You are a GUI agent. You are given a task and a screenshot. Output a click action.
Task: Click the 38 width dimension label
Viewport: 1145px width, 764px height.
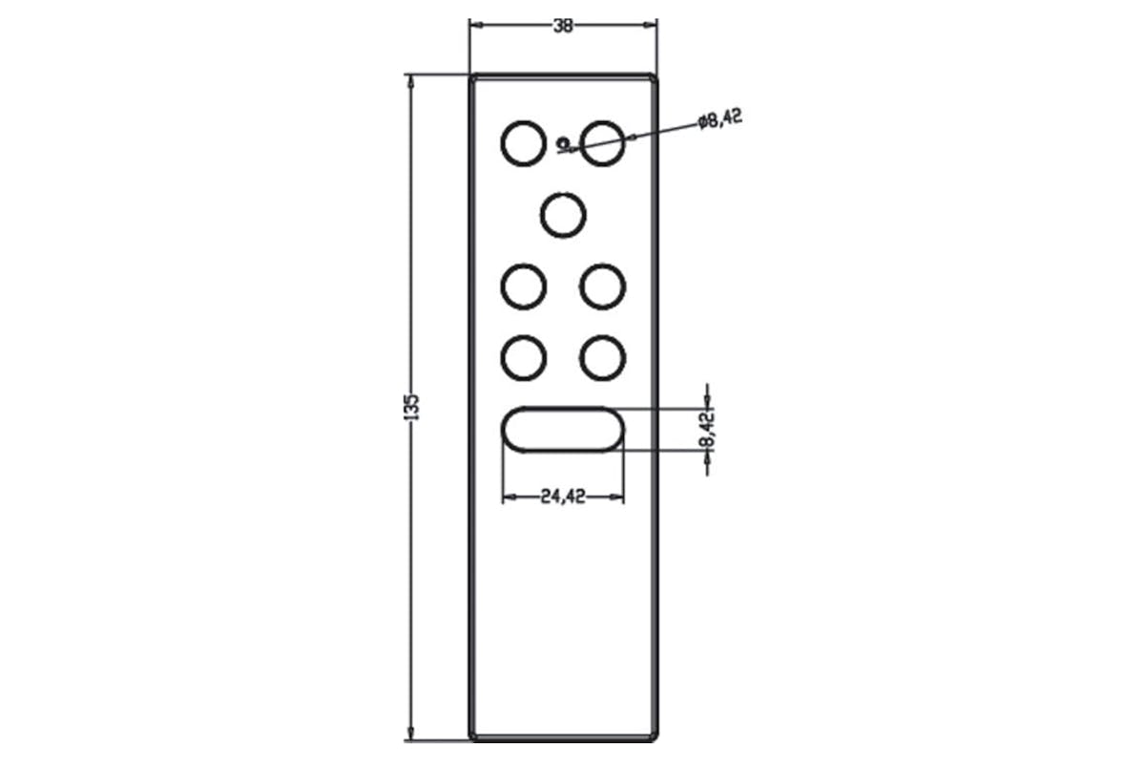(x=563, y=26)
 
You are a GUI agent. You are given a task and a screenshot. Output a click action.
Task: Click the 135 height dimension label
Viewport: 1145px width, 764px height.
(x=411, y=408)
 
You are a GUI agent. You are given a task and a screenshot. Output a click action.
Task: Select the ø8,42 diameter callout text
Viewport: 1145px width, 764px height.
(x=719, y=119)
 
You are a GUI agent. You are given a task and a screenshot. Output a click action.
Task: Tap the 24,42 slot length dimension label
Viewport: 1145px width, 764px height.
(x=563, y=497)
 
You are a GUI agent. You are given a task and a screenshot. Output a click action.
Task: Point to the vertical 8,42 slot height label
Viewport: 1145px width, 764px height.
(x=707, y=430)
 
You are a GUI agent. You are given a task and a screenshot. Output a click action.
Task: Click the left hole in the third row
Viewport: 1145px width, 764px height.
(x=524, y=265)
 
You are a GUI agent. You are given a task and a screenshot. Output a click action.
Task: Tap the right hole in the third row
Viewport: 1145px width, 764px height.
(x=603, y=265)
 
